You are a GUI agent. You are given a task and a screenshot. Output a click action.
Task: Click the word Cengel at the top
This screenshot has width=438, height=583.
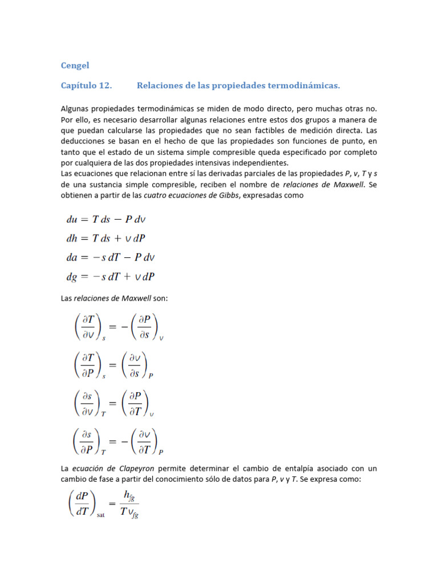74,65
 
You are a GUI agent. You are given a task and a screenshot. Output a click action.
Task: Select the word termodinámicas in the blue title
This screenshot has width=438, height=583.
303,85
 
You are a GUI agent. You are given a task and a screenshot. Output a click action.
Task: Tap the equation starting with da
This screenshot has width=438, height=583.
110,257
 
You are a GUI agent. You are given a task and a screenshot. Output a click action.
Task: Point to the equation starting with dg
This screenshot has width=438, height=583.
110,277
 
